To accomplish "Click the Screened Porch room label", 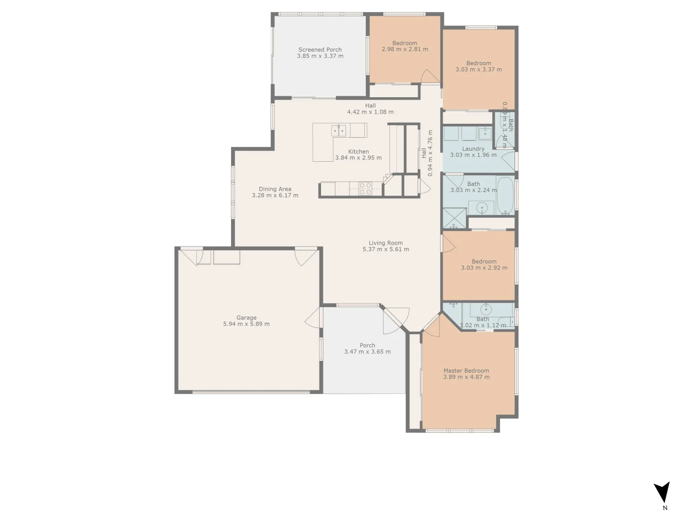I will tap(320, 50).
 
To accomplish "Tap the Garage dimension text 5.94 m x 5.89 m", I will tap(246, 324).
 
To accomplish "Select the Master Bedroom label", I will tap(466, 371).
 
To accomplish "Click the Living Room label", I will tap(385, 243).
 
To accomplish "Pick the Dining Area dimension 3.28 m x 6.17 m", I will tap(275, 195).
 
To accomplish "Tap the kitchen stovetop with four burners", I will tap(365, 188).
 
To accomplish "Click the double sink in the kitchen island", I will tap(339, 130).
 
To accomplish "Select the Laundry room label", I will tap(473, 149).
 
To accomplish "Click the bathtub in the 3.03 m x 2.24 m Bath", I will tap(505, 196).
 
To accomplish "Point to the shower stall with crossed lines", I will tap(454, 219).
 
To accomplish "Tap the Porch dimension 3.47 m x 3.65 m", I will tap(367, 352).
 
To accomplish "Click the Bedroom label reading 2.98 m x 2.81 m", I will tap(404, 43).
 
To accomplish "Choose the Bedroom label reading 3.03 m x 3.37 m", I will tap(478, 63).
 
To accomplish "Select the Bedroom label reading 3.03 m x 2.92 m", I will tap(484, 261).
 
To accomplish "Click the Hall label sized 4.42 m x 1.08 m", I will tap(370, 105).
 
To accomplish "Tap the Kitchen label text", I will tap(359, 152).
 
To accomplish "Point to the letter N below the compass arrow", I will tap(665, 507).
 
